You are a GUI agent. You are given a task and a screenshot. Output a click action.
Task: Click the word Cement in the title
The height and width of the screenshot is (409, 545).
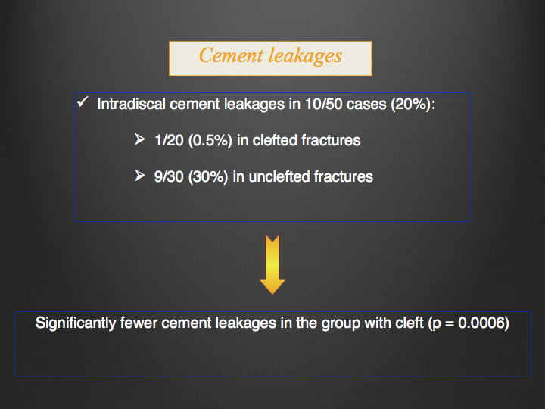coord(231,55)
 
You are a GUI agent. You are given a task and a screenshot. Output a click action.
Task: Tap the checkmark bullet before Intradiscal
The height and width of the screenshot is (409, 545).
coord(83,102)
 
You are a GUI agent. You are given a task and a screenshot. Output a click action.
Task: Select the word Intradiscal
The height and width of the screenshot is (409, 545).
coord(131,104)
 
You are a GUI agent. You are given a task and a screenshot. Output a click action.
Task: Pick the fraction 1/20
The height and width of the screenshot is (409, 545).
coord(169,140)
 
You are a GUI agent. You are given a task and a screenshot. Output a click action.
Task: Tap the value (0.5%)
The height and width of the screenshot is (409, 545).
coord(210,141)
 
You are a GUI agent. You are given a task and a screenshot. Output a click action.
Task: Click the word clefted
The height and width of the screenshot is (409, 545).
coord(275,140)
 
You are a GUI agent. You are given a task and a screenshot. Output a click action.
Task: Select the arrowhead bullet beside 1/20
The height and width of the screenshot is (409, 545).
coord(140,139)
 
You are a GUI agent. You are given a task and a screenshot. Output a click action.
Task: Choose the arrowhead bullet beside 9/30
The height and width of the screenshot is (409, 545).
coord(140,176)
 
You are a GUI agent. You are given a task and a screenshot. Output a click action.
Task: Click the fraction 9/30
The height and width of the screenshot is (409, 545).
coord(169,176)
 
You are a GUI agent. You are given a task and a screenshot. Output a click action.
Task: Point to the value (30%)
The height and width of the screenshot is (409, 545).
coord(208,176)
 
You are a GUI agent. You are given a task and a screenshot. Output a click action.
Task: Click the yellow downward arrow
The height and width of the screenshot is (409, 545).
coord(272,264)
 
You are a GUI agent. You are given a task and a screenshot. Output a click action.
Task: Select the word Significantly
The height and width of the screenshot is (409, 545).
coord(76,323)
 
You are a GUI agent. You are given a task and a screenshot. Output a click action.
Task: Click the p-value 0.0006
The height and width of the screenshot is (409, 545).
coord(481,323)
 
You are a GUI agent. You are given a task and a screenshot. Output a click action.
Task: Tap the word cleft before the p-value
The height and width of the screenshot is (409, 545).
coord(410,323)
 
